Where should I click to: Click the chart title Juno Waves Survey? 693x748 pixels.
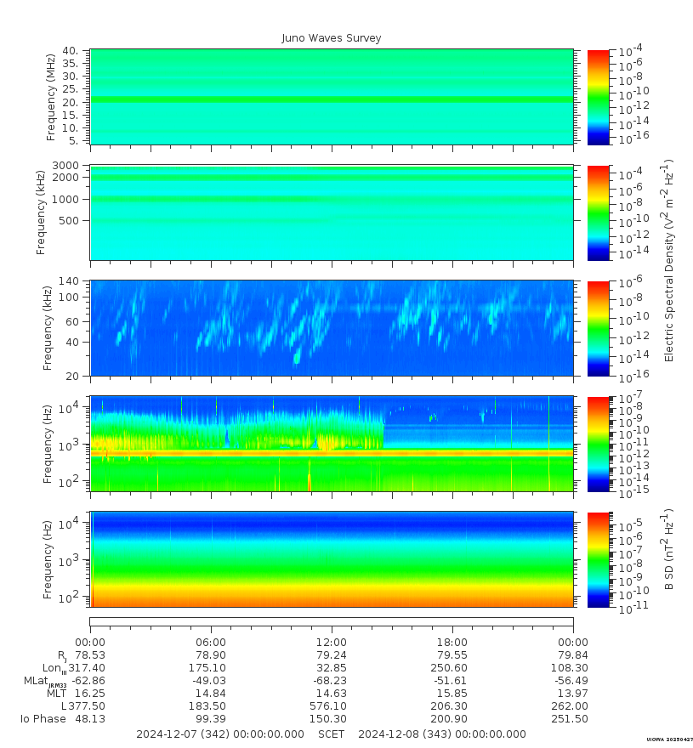(332, 38)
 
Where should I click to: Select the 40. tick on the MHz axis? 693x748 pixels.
(70, 51)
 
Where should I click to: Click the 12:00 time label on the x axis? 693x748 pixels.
(332, 643)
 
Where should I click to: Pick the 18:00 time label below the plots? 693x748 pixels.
(452, 643)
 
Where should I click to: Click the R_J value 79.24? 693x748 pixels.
(332, 655)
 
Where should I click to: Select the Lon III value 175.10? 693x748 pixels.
(211, 668)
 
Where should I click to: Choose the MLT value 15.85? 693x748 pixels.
(452, 694)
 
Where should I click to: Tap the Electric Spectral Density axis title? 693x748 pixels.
(669, 260)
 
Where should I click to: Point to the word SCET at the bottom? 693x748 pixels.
(332, 734)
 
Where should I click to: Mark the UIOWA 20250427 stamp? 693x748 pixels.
(669, 740)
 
